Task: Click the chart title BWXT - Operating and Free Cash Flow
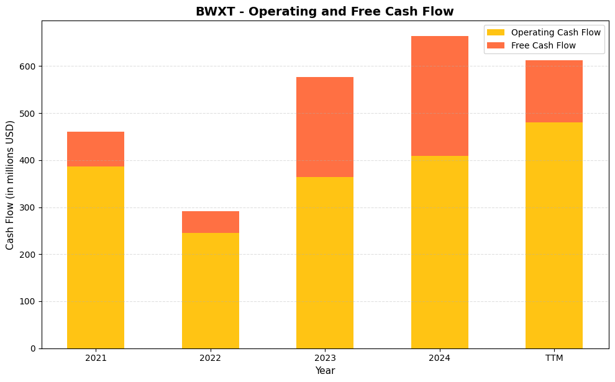pyautogui.click(x=324, y=11)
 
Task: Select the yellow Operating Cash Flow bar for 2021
pyautogui.click(x=96, y=257)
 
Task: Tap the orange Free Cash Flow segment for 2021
pyautogui.click(x=96, y=149)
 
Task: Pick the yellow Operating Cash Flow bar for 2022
pyautogui.click(x=210, y=291)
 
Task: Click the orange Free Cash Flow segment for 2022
pyautogui.click(x=210, y=222)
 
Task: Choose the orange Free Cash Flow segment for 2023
pyautogui.click(x=325, y=127)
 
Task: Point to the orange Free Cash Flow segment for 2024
pyautogui.click(x=439, y=96)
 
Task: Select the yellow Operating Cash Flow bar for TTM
pyautogui.click(x=554, y=235)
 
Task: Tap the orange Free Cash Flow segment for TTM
pyautogui.click(x=554, y=91)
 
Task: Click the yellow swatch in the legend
pyautogui.click(x=496, y=32)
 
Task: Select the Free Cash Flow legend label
pyautogui.click(x=543, y=45)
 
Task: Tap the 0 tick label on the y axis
pyautogui.click(x=34, y=348)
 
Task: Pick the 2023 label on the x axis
pyautogui.click(x=325, y=358)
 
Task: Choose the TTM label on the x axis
pyautogui.click(x=554, y=358)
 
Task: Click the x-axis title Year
pyautogui.click(x=325, y=371)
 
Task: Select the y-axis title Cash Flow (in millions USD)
pyautogui.click(x=11, y=184)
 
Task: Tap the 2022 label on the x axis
pyautogui.click(x=210, y=358)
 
